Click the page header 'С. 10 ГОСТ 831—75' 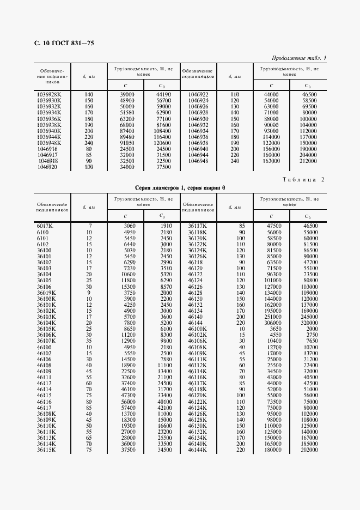pyautogui.click(x=60, y=43)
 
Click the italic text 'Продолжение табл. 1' pyautogui.click(x=299, y=58)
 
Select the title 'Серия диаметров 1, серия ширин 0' pyautogui.click(x=180, y=187)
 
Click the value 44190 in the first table pyautogui.click(x=163, y=94)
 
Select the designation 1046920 pyautogui.click(x=47, y=168)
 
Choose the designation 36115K pyautogui.click(x=46, y=450)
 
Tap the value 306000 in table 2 pyautogui.click(x=272, y=323)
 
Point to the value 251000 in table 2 pyautogui.click(x=272, y=317)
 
